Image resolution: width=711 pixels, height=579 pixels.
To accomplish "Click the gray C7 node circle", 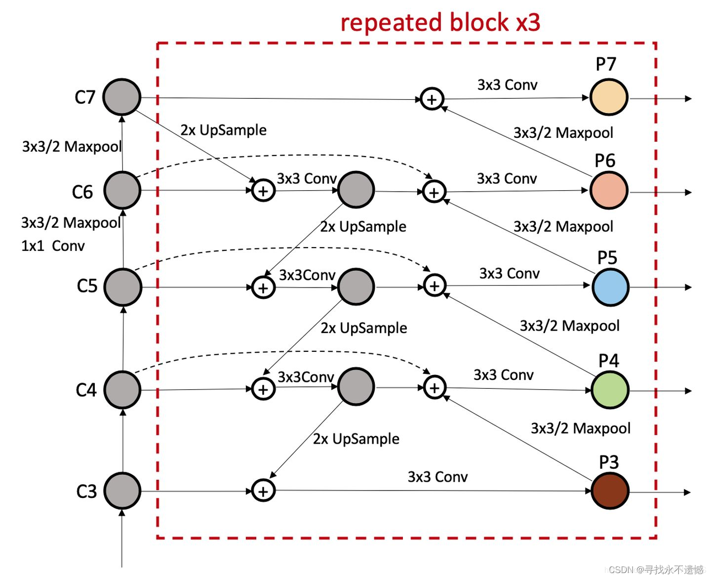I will [x=122, y=97].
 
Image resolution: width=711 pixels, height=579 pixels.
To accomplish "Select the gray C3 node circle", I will [x=122, y=491].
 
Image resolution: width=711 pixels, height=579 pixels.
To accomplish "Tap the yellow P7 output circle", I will [x=609, y=97].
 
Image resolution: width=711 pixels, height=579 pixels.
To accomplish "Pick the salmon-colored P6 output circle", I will [x=609, y=190].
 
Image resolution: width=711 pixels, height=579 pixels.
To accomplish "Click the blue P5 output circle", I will [x=610, y=287].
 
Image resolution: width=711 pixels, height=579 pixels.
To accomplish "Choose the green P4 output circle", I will [x=610, y=390].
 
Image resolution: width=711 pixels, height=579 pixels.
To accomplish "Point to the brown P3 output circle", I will [x=610, y=491].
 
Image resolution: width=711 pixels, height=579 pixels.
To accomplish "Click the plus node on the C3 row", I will [x=263, y=491].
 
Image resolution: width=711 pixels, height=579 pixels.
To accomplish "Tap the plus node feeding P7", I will [x=432, y=99].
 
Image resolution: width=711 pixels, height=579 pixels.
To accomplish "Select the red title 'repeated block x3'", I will [x=440, y=23].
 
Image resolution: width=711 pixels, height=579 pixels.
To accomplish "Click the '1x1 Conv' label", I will [x=53, y=246].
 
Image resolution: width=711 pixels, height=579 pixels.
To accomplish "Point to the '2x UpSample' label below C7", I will [x=223, y=130].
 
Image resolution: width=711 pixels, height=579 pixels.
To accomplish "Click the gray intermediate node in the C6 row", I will [x=356, y=190].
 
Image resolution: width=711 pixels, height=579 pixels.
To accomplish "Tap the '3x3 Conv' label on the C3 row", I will [x=437, y=477].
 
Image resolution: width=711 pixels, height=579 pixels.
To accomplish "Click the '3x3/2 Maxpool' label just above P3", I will [x=581, y=428].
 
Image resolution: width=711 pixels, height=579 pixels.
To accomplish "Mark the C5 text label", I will [x=87, y=286].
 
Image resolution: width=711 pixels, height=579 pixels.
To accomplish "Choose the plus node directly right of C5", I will [x=263, y=288].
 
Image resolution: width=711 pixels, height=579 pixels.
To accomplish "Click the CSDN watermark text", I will [x=656, y=570].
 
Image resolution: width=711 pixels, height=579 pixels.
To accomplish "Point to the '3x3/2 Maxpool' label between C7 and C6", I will [x=72, y=147].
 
